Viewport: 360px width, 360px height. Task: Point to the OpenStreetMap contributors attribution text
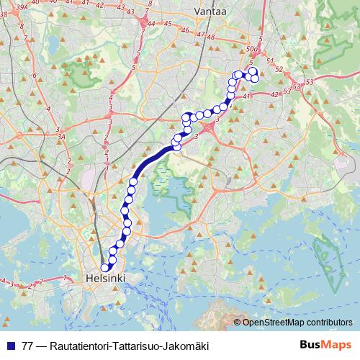pyautogui.click(x=297, y=323)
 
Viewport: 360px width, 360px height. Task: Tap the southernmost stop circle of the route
pyautogui.click(x=105, y=268)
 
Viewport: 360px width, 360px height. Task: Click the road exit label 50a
pyautogui.click(x=251, y=48)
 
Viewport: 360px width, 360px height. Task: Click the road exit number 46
pyautogui.click(x=185, y=31)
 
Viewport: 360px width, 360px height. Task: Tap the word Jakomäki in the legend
pyautogui.click(x=189, y=346)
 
